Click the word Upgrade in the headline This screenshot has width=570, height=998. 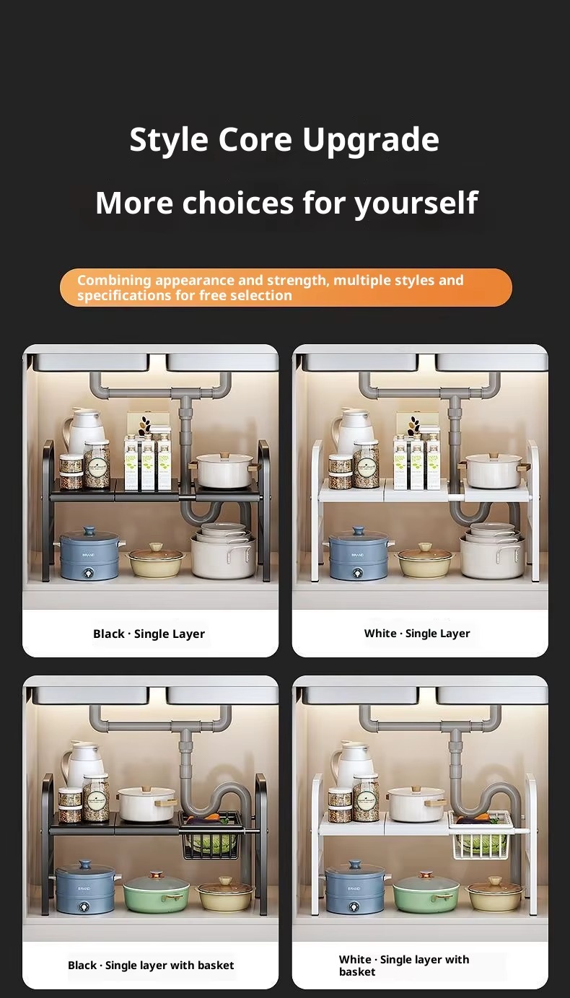(x=371, y=141)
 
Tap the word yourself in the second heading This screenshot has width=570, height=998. (x=416, y=203)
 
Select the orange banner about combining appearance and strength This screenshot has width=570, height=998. (x=286, y=287)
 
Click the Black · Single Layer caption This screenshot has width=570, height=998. (x=149, y=634)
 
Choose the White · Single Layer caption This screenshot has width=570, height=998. (x=417, y=633)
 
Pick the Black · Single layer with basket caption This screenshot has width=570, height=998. (x=151, y=965)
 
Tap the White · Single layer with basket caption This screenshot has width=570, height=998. (x=404, y=966)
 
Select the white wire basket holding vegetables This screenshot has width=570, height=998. (x=481, y=835)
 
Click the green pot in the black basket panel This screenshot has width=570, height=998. (x=156, y=891)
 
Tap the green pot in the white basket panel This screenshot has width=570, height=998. (x=426, y=891)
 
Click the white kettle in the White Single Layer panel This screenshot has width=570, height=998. (x=353, y=429)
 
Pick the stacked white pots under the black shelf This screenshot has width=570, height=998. (x=224, y=551)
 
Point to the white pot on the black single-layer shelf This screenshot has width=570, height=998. (x=224, y=470)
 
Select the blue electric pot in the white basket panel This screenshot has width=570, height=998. (x=356, y=887)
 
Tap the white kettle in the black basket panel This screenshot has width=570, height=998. (x=83, y=763)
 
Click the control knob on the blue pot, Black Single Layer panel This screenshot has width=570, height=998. (x=89, y=573)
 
